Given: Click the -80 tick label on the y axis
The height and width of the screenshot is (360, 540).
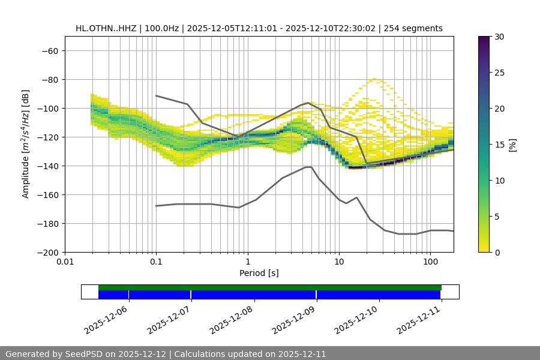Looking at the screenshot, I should click(49, 80).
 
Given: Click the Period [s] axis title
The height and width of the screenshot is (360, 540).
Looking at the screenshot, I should click(259, 274).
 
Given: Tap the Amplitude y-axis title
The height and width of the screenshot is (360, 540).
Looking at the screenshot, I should click(26, 144).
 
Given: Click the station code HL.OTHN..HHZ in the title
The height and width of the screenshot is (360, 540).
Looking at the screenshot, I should click(105, 28).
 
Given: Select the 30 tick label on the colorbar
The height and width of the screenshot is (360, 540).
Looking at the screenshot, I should click(499, 37).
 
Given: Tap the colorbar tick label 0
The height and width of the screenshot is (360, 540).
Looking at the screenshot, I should click(497, 253).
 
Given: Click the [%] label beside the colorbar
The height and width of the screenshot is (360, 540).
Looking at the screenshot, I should click(512, 145).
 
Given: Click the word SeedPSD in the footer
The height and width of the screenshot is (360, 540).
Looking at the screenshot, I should click(83, 354).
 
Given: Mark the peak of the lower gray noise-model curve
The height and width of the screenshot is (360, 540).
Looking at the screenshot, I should click(308, 167).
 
